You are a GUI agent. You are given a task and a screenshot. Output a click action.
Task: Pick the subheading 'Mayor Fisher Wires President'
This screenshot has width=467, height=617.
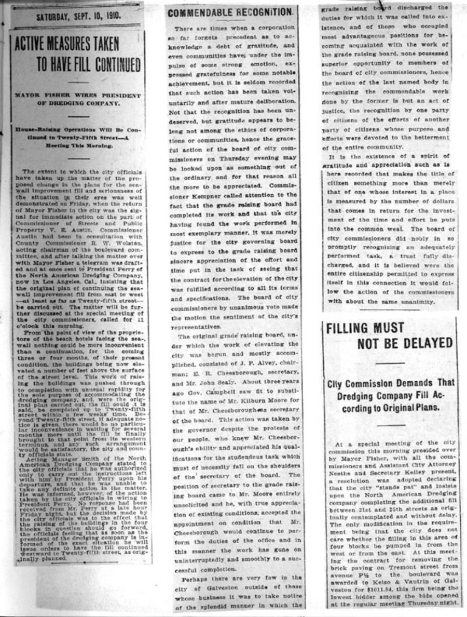click(77, 95)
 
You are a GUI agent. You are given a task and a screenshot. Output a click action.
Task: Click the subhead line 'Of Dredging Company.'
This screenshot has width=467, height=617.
click(77, 102)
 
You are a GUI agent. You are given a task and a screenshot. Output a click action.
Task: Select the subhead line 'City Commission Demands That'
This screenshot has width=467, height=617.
click(391, 383)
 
